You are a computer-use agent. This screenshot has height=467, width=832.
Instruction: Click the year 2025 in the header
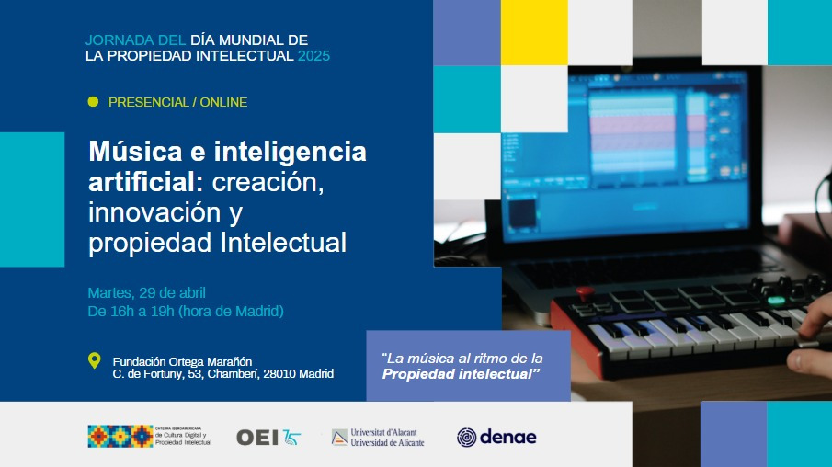[313, 56]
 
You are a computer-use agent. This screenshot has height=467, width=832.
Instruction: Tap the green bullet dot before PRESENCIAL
[93, 102]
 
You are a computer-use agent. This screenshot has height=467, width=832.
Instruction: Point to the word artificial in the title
[146, 182]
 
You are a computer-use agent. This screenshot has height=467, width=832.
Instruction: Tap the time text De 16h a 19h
[131, 312]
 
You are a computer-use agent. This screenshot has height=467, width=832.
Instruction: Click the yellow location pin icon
[94, 360]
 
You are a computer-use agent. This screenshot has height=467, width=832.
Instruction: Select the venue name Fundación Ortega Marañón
[182, 361]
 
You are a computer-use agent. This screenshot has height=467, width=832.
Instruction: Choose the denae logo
[496, 438]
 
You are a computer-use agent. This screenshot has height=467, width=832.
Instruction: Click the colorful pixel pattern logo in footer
[120, 436]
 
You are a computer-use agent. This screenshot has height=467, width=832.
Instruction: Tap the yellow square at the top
[534, 32]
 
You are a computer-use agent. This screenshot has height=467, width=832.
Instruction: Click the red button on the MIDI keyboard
[584, 292]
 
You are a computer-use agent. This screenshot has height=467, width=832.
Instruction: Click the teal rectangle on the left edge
[32, 199]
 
